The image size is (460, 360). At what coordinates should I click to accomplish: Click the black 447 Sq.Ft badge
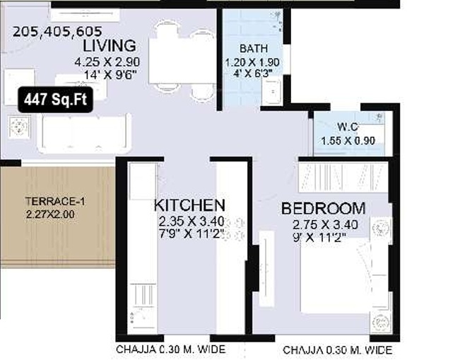click(55, 100)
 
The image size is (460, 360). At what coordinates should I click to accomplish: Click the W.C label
click(348, 127)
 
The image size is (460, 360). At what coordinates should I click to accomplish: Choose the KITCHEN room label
click(189, 205)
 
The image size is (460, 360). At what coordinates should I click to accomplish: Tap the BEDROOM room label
click(323, 209)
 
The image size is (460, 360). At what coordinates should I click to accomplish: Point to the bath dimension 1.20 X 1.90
click(253, 62)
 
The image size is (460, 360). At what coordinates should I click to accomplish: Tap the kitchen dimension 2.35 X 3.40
click(191, 221)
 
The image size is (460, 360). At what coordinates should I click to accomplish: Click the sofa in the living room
click(85, 129)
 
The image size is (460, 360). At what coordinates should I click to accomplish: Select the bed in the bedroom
click(343, 276)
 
